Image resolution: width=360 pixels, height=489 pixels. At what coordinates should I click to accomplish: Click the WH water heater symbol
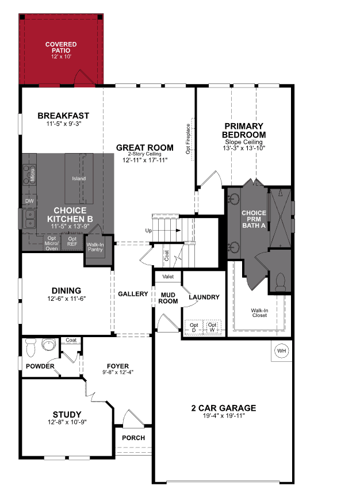(x=281, y=351)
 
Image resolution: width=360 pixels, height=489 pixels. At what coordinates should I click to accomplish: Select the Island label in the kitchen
(x=79, y=178)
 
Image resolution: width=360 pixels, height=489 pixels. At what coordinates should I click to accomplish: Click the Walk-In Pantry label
(x=94, y=247)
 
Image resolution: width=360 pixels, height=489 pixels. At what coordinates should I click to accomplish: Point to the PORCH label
(x=133, y=438)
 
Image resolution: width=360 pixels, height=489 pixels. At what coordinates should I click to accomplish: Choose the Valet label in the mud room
(x=168, y=277)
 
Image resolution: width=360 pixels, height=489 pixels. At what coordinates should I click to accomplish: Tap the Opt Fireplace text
(x=188, y=139)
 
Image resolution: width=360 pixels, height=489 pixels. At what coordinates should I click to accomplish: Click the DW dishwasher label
(x=29, y=201)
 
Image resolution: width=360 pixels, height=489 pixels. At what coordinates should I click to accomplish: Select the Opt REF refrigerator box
(x=72, y=242)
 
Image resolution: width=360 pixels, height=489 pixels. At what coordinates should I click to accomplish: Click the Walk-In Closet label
(x=259, y=312)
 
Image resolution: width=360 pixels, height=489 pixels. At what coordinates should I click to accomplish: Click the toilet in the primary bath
(x=280, y=283)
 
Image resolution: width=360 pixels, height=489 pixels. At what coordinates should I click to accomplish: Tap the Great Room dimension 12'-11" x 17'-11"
(x=144, y=161)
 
